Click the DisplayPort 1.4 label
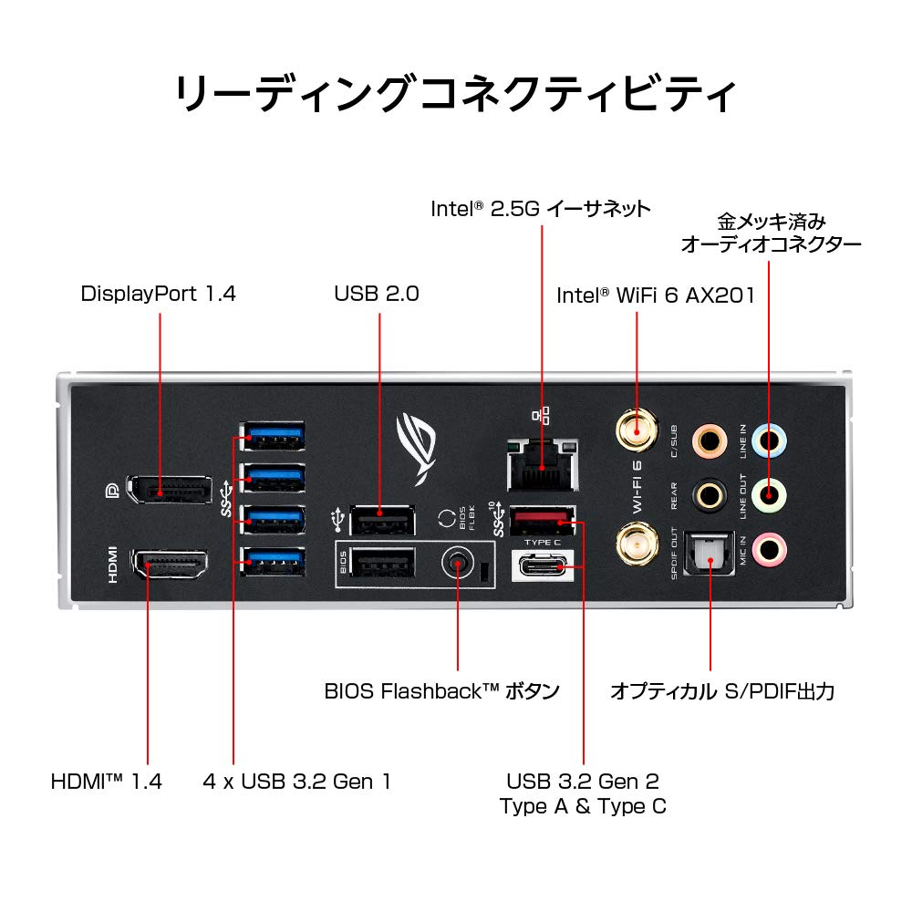point(158,294)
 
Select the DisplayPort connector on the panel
point(168,490)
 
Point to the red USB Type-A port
point(544,521)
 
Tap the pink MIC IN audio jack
point(771,549)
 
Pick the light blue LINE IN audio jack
point(771,440)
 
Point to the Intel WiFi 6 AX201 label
point(655,295)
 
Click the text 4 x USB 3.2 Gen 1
point(297,782)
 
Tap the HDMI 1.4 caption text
point(107,782)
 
